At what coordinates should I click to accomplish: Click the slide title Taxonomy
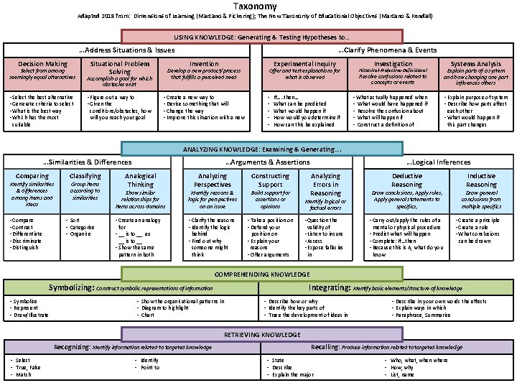258,6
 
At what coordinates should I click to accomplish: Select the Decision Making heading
42,64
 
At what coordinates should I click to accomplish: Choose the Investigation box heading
393,64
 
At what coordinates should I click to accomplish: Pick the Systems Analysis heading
476,64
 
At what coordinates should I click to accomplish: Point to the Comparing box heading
32,176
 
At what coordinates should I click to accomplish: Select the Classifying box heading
85,176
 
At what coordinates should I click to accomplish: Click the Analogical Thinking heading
140,180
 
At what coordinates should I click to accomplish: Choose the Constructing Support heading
270,180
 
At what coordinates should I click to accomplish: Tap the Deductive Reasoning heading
406,180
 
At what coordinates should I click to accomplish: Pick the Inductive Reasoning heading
481,180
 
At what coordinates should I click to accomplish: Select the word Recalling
330,347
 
